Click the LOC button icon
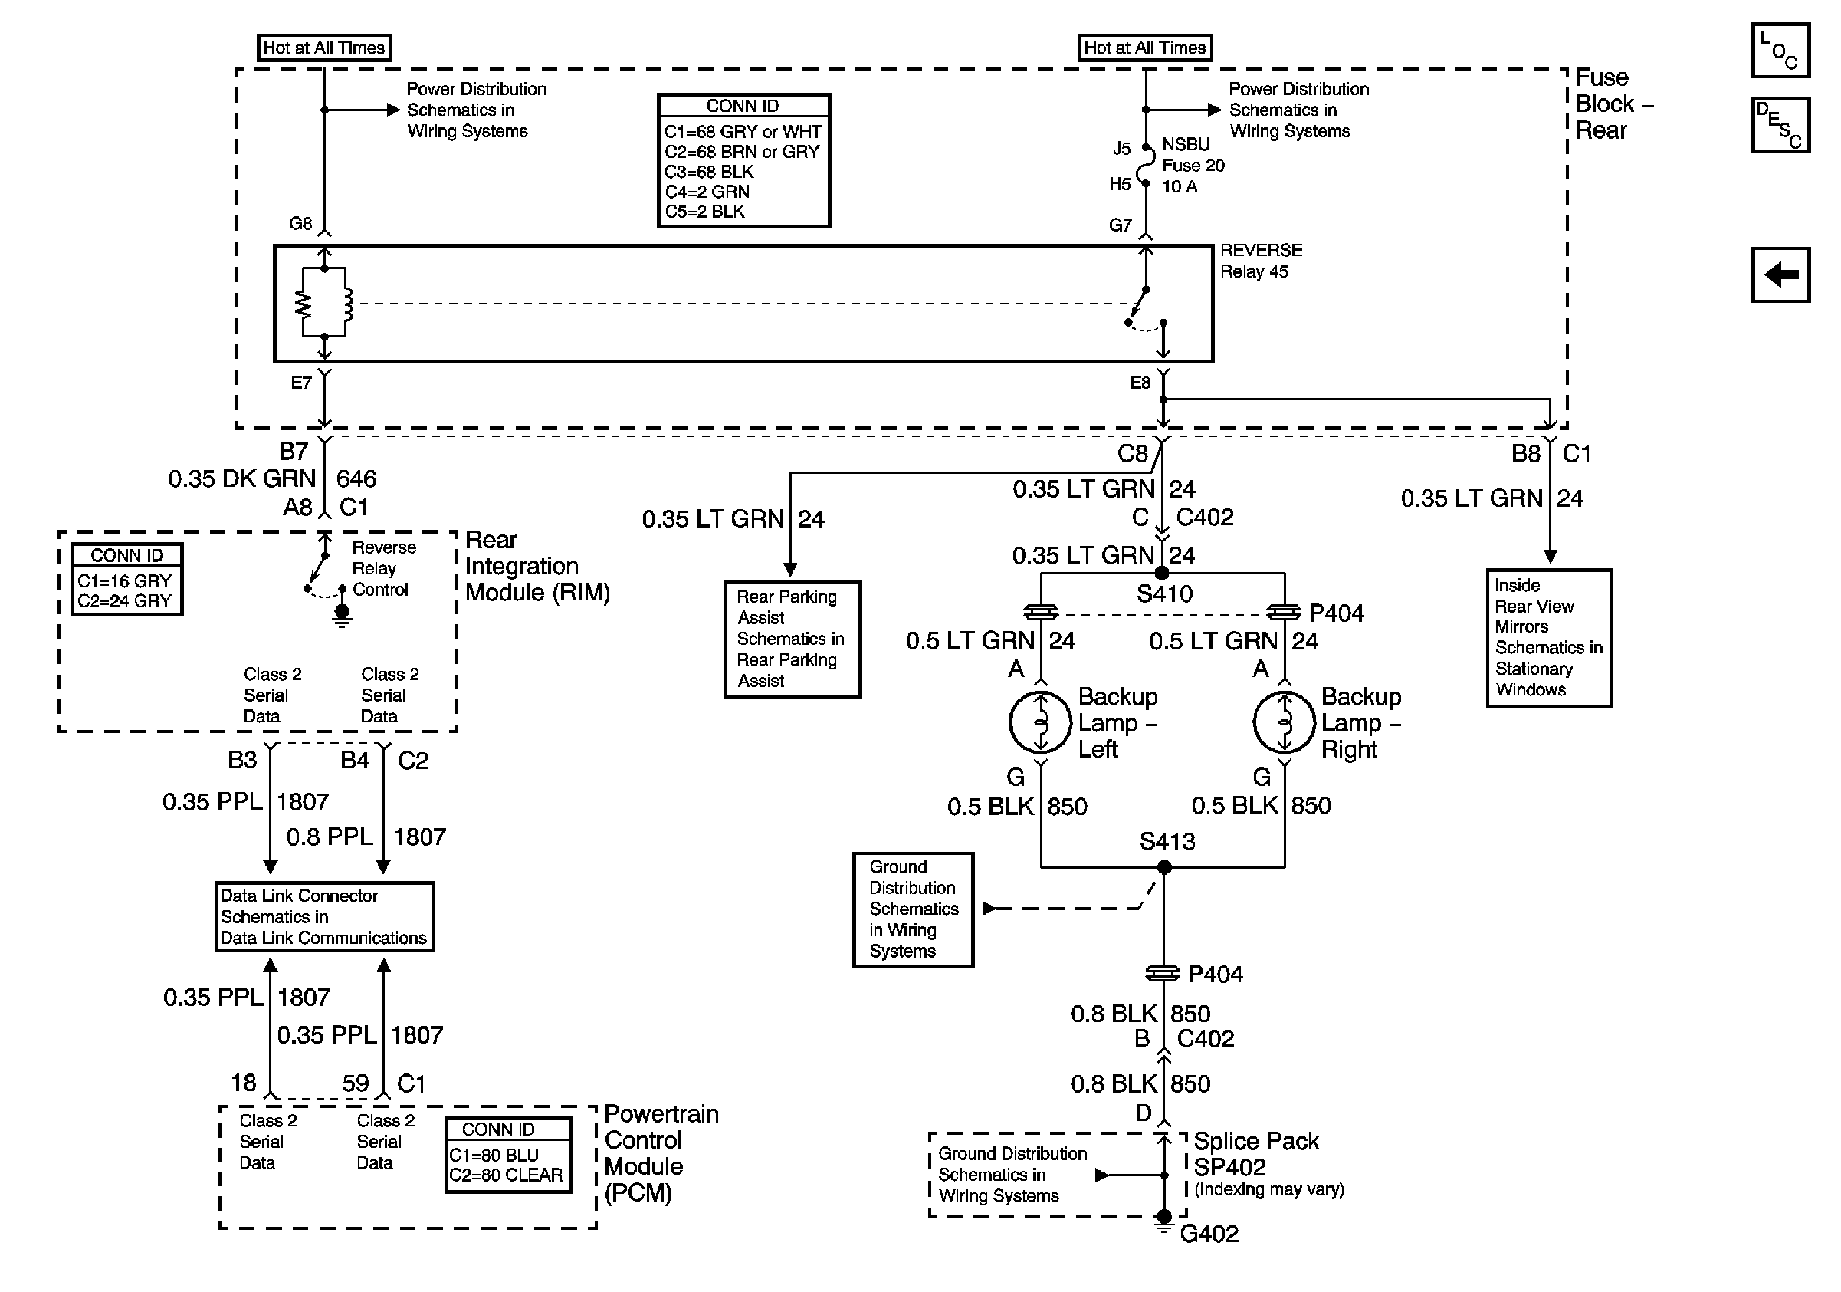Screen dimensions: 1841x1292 1780,51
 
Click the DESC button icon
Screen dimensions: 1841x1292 1780,125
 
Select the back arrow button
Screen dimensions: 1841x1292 1780,275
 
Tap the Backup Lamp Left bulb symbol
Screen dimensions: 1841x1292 1040,722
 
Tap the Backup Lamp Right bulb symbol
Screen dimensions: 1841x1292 1285,722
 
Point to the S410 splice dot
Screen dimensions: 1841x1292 1161,574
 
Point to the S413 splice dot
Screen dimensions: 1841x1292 1164,867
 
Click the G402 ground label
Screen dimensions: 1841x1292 1209,1234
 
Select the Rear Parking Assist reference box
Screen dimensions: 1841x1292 793,639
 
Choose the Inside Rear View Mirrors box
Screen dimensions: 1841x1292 1549,638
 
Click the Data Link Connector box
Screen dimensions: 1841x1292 324,917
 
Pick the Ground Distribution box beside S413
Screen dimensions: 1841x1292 914,909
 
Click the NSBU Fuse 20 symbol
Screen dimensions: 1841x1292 1147,166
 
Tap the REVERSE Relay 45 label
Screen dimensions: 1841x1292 1262,261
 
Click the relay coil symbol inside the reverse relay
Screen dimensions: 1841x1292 348,303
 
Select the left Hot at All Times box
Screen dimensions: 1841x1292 324,48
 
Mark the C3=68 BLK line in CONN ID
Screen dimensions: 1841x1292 709,172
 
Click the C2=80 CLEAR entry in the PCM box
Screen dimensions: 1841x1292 506,1175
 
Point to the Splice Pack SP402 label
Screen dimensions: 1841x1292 1255,1154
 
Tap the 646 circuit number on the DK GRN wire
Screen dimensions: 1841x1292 356,478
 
